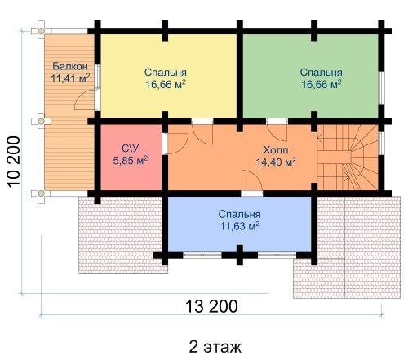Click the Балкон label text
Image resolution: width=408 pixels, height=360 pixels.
[x=70, y=66]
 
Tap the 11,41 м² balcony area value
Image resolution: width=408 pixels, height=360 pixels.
[x=70, y=78]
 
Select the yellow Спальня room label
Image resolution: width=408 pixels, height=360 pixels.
[x=166, y=73]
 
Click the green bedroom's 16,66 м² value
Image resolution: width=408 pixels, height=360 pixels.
[x=322, y=84]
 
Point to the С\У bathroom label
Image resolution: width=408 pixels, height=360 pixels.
[x=131, y=149]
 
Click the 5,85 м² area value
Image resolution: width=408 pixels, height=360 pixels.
[x=131, y=160]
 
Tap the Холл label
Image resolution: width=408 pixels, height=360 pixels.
[x=276, y=150]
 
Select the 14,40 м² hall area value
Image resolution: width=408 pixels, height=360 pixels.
[x=276, y=162]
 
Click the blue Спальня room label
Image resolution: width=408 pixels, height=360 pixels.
[x=239, y=214]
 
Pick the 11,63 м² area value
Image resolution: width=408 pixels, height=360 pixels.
[x=239, y=226]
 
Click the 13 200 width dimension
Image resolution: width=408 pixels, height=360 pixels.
[x=211, y=306]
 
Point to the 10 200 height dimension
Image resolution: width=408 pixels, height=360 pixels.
[x=14, y=162]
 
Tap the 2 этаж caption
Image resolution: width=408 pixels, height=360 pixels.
[x=215, y=347]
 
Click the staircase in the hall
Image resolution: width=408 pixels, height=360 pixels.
[x=348, y=158]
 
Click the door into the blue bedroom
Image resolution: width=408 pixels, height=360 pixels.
[x=252, y=181]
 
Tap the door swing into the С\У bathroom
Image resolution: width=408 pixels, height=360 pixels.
[x=178, y=144]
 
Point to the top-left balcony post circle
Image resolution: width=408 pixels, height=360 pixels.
[x=41, y=31]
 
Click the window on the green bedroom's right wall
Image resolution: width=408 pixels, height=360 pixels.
[x=382, y=88]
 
